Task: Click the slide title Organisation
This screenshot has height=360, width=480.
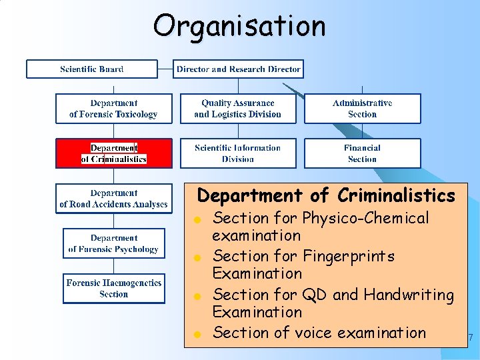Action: pyautogui.click(x=239, y=26)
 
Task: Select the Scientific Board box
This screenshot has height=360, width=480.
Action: pyautogui.click(x=92, y=69)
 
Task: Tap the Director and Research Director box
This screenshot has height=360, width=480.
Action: pyautogui.click(x=239, y=69)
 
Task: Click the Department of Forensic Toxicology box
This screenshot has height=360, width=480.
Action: pyautogui.click(x=113, y=109)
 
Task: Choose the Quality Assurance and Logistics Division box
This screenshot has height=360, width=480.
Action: pyautogui.click(x=238, y=109)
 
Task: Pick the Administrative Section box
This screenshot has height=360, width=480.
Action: pyautogui.click(x=362, y=109)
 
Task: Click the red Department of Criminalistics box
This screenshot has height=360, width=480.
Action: pyautogui.click(x=113, y=153)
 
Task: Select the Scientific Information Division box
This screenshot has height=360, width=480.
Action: pyautogui.click(x=238, y=153)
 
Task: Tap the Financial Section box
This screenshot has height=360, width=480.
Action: pyautogui.click(x=362, y=153)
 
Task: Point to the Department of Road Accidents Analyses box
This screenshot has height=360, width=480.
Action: pyautogui.click(x=113, y=199)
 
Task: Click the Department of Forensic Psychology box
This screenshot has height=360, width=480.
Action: pyautogui.click(x=113, y=243)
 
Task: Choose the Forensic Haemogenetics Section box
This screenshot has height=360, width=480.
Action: pyautogui.click(x=113, y=288)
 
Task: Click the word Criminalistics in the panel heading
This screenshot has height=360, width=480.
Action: pyautogui.click(x=396, y=196)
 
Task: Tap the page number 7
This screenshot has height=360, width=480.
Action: pyautogui.click(x=471, y=339)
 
